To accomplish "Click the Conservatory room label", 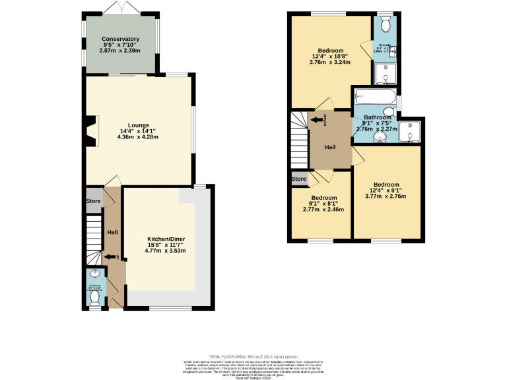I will click(x=120, y=40).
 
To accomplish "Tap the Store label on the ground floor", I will click(x=93, y=201).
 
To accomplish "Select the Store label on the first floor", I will click(x=299, y=179).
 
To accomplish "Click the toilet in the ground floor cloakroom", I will click(x=95, y=299).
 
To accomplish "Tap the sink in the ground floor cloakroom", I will click(x=95, y=275).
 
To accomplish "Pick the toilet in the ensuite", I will click(x=386, y=24).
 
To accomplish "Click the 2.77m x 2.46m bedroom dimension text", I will click(x=323, y=210).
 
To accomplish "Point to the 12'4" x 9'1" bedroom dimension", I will click(x=386, y=190).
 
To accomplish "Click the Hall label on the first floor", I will click(x=330, y=148).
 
